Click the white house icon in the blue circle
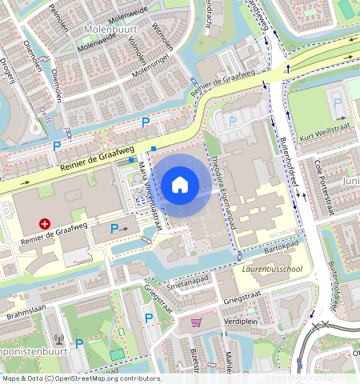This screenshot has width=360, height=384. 180,185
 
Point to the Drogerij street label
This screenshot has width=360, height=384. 9,70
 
